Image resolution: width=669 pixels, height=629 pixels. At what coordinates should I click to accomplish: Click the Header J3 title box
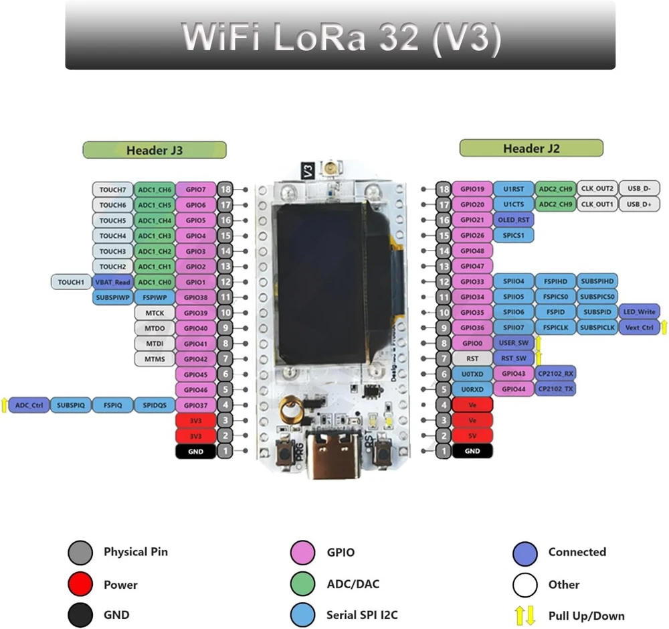point(155,150)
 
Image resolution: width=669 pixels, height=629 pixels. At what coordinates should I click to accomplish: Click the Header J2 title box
point(531,148)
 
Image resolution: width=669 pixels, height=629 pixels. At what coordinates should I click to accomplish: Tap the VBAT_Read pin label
point(112,282)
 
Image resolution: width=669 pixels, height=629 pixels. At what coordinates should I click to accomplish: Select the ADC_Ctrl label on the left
point(29,405)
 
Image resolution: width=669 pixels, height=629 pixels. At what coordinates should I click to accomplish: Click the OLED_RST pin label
point(514,220)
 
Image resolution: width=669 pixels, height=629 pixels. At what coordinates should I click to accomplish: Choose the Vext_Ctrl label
point(640,328)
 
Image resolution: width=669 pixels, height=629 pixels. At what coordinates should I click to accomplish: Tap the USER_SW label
point(513,343)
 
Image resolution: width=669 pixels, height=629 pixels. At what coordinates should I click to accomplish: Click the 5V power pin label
point(472,435)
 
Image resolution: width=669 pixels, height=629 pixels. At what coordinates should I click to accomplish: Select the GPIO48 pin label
point(472,251)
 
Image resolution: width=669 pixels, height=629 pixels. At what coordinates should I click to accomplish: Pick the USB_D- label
point(639,189)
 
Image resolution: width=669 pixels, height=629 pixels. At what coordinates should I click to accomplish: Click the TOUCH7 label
point(112,190)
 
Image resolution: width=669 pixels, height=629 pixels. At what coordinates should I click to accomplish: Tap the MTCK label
point(154,313)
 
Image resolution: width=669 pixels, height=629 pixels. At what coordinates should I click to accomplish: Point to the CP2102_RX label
point(555,374)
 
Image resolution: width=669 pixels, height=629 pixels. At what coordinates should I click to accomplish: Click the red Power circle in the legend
point(80,584)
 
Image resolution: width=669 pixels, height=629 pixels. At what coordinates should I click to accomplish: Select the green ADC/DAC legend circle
point(303,584)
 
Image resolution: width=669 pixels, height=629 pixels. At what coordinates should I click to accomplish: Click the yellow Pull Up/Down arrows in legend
point(524,616)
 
